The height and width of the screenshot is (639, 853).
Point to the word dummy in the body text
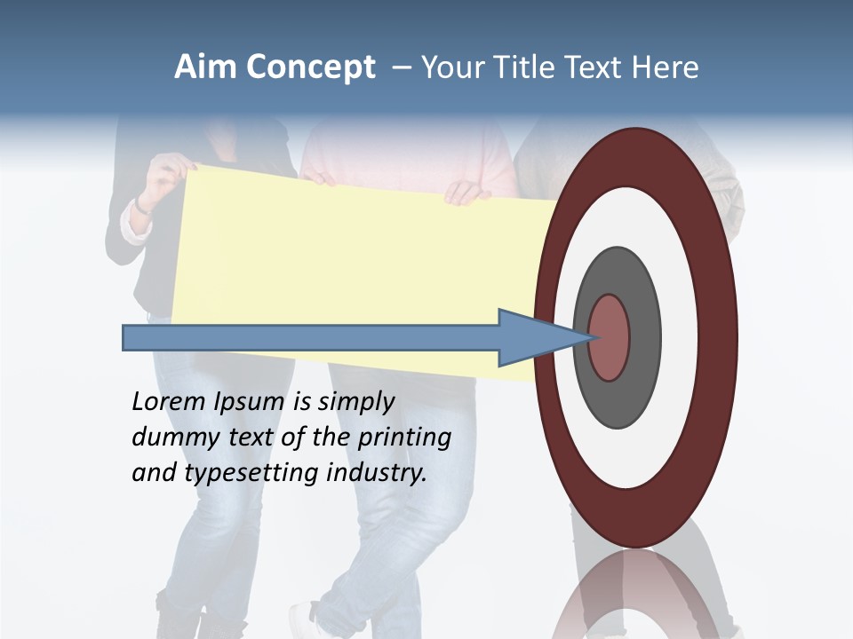(x=171, y=438)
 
